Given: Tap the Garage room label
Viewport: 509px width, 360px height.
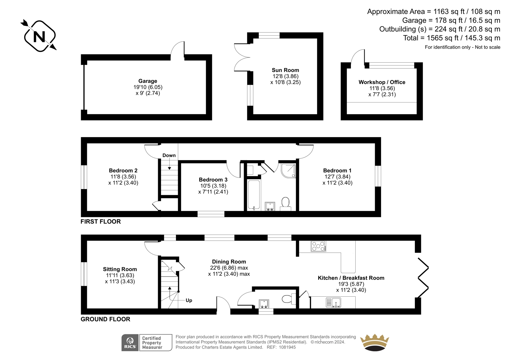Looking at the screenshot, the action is tap(148, 81).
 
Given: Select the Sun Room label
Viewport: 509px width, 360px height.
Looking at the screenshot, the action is tap(285, 70).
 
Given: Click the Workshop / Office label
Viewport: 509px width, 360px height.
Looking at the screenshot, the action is tap(382, 82).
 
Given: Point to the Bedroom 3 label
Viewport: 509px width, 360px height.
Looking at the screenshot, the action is tap(213, 180).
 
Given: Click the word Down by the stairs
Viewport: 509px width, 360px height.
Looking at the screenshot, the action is tap(169, 155).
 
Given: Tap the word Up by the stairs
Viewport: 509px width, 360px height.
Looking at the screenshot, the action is tap(189, 300).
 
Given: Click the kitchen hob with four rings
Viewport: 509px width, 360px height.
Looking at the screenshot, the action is tap(318, 246).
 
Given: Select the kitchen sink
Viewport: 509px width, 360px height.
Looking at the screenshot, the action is tap(333, 303).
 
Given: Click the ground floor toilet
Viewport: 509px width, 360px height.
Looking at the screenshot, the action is tap(289, 299).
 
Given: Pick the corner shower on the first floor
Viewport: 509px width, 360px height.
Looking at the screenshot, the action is tap(288, 171).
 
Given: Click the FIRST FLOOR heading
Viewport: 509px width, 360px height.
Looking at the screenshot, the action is tap(101, 222).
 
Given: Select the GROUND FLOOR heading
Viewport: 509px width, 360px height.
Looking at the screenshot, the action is tap(105, 319).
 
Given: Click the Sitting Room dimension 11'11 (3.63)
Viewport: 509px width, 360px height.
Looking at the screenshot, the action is tap(120, 275).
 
